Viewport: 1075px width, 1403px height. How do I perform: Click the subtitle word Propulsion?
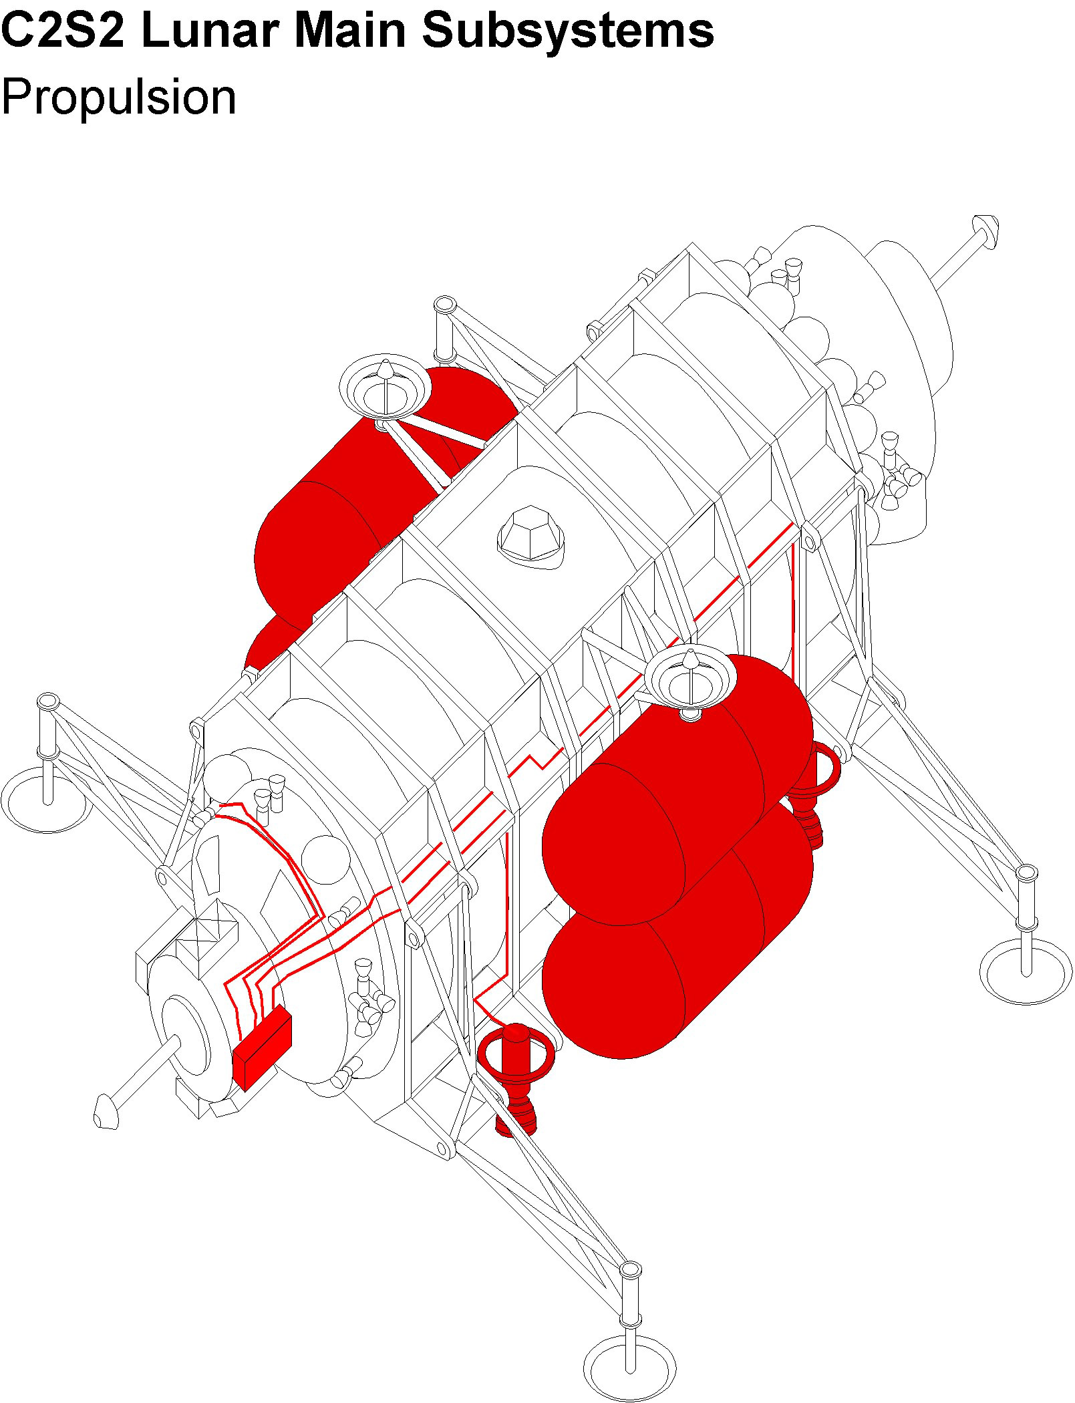point(119,98)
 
